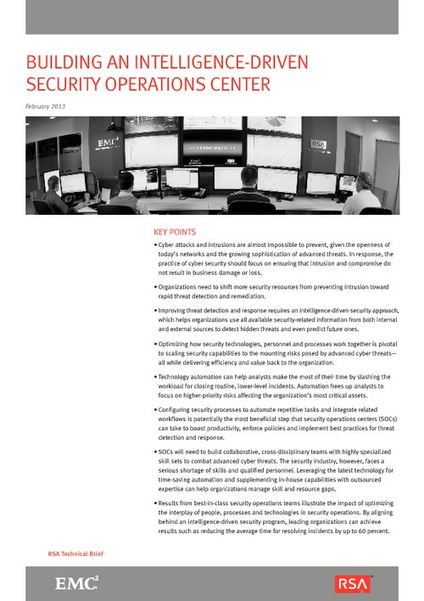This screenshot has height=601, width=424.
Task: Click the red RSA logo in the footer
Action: [353, 583]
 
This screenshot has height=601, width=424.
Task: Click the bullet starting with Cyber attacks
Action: [155, 244]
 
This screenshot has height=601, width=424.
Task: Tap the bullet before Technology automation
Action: [155, 376]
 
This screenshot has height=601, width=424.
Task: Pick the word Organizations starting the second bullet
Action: [182, 287]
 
